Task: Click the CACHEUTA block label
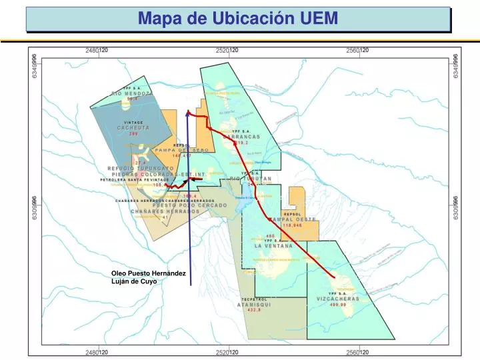coord(133,127)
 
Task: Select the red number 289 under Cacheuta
coord(133,134)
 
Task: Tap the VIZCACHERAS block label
coord(337,299)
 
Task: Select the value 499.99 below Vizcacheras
coord(337,305)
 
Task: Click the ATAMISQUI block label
coord(254,305)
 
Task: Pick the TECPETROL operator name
coord(254,299)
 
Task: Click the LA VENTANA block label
coord(273,246)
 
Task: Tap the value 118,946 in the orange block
coord(291,225)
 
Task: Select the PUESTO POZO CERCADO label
coord(180,205)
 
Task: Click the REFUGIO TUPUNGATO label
coord(140,169)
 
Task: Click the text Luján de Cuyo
coord(133,281)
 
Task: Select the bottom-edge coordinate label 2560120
coord(357,351)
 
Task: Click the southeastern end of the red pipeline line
coord(334,275)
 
